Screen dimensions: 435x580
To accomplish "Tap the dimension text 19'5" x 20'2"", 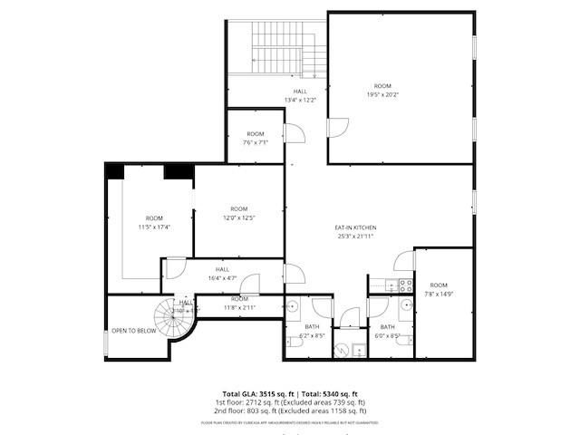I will pyautogui.click(x=382, y=93).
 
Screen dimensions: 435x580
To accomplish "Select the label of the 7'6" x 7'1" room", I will pyautogui.click(x=255, y=134).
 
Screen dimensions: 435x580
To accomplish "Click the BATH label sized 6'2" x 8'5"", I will pyautogui.click(x=312, y=326).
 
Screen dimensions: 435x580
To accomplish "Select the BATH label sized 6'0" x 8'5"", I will pyautogui.click(x=388, y=326).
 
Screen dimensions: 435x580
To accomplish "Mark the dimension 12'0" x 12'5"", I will pyautogui.click(x=239, y=217).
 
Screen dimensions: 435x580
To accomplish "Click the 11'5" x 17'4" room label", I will pyautogui.click(x=154, y=218).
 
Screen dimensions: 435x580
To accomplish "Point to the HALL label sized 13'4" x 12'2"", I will pyautogui.click(x=300, y=92).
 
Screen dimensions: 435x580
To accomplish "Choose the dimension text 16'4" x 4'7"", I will pyautogui.click(x=222, y=277).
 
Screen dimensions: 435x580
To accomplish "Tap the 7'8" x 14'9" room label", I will pyautogui.click(x=439, y=285).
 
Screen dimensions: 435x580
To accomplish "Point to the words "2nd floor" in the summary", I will pyautogui.click(x=232, y=410).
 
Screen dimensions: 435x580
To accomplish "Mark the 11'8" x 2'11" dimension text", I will pyautogui.click(x=239, y=307).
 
